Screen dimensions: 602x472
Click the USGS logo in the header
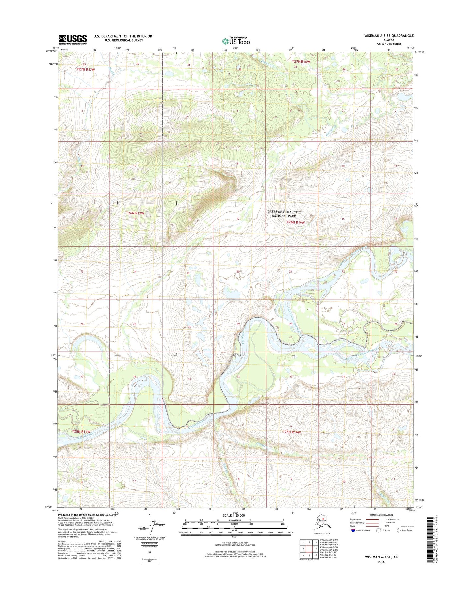click(x=73, y=39)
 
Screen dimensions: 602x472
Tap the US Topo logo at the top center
click(x=236, y=41)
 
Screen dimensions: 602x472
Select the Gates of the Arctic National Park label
click(x=284, y=214)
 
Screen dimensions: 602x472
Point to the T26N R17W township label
click(x=135, y=213)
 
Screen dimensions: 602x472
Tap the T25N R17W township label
click(x=81, y=432)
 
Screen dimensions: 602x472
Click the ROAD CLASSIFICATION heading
click(x=382, y=515)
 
